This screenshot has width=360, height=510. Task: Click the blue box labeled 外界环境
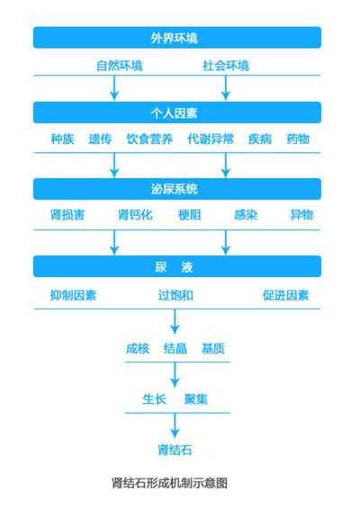point(176,37)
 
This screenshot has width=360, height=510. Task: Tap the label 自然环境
point(120,66)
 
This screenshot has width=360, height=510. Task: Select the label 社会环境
point(226,66)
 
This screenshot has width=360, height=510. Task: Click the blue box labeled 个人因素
point(176,112)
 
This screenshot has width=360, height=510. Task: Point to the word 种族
point(62,139)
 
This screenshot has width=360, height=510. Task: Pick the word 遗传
point(100,139)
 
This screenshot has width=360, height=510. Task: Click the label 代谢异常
point(211,139)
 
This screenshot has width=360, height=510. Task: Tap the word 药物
point(298,139)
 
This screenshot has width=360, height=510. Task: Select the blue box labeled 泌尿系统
point(176,189)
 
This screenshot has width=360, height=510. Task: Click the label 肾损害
point(67,216)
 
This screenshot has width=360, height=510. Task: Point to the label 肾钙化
point(136,216)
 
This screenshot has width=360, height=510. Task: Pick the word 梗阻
point(191,216)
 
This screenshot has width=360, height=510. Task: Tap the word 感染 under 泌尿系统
point(246,216)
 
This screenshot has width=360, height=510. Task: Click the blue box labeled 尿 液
point(176,267)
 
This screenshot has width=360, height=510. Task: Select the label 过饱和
point(176,295)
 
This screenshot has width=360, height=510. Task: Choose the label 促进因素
point(285,295)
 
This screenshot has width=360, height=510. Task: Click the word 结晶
point(175,348)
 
